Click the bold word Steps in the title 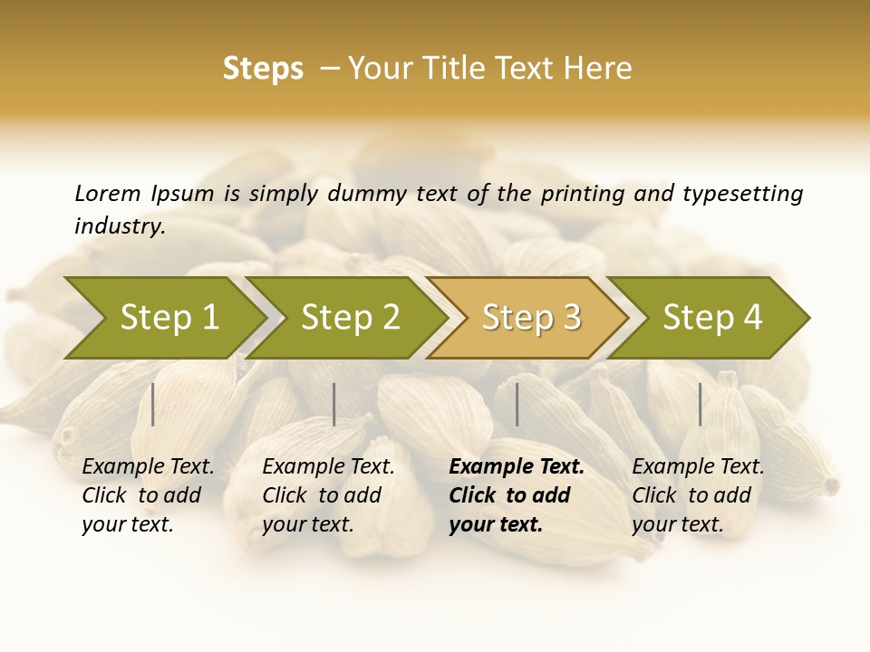click(263, 69)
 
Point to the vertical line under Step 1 click(153, 404)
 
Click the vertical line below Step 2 click(334, 404)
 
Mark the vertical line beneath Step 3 click(517, 404)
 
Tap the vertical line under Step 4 click(701, 404)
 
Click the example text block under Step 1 click(147, 495)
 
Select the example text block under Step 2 click(327, 495)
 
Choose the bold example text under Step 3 click(516, 495)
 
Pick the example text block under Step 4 click(697, 495)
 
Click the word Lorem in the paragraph click(107, 194)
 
